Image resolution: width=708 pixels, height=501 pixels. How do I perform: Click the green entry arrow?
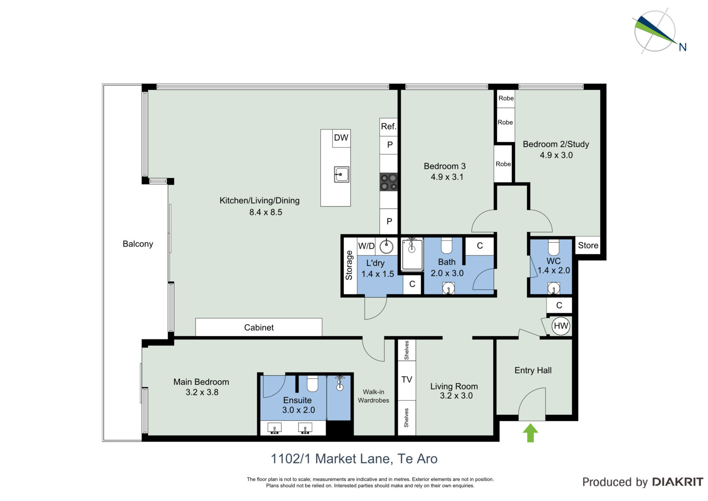coord(531,433)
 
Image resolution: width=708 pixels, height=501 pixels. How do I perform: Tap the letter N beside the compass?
coord(683,47)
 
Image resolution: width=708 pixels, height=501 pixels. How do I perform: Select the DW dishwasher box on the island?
coord(341,138)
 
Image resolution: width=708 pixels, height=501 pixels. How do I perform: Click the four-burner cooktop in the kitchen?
coord(389,182)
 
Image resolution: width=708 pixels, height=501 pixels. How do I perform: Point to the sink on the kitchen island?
coord(342,175)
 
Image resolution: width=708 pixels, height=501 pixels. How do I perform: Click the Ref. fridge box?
coord(389,127)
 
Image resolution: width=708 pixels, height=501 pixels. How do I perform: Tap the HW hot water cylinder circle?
coord(561,326)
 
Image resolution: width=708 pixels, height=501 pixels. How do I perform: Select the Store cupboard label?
coord(588,245)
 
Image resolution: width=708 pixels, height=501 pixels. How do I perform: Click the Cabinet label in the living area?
coord(259,327)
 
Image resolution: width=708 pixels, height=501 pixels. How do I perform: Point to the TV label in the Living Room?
coord(407,380)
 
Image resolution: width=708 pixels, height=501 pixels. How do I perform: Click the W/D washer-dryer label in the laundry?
coord(366,246)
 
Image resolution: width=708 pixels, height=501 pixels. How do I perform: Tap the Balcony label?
coord(138,244)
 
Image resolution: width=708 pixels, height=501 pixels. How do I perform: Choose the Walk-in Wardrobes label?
coord(373,396)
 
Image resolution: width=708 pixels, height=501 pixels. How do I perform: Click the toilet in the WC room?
coord(554,247)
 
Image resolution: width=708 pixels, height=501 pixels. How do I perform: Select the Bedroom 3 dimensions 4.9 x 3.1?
coord(447,177)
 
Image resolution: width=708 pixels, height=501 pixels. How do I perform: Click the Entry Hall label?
coord(533,370)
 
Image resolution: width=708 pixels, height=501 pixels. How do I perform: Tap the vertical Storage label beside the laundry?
coord(349,265)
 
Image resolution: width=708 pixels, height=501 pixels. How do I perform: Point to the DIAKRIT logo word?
coord(677,482)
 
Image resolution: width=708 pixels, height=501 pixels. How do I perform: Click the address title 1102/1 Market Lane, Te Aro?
coord(354,459)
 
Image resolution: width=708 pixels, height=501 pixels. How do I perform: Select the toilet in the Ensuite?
coord(312,384)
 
